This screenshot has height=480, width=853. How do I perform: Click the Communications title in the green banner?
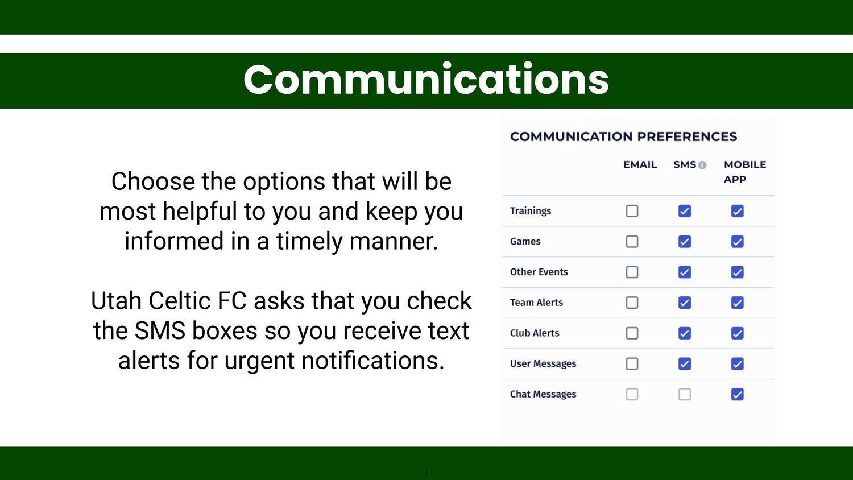(426, 79)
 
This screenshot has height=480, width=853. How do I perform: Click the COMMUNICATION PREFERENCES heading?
(624, 136)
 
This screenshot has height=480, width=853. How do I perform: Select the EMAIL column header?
(640, 164)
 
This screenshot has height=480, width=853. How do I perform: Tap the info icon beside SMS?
(702, 165)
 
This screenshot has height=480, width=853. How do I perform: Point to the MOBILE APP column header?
(745, 172)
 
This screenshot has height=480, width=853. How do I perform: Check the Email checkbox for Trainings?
(632, 211)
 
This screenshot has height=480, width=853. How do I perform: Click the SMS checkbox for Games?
(685, 242)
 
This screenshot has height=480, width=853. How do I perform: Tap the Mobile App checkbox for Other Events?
(737, 272)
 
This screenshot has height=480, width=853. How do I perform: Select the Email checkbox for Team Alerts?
(632, 303)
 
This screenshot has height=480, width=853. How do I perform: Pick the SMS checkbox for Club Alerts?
(685, 333)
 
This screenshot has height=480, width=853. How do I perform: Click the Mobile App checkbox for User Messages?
(737, 364)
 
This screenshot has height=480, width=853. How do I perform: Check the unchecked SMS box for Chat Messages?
(685, 394)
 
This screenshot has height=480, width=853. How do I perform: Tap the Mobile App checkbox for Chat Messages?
(737, 394)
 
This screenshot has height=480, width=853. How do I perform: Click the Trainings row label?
(531, 211)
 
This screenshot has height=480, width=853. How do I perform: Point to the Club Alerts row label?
(535, 333)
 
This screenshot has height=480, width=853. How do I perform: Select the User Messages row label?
(543, 364)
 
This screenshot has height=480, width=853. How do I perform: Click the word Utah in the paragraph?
(116, 301)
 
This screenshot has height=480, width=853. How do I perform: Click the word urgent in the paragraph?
(259, 361)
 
